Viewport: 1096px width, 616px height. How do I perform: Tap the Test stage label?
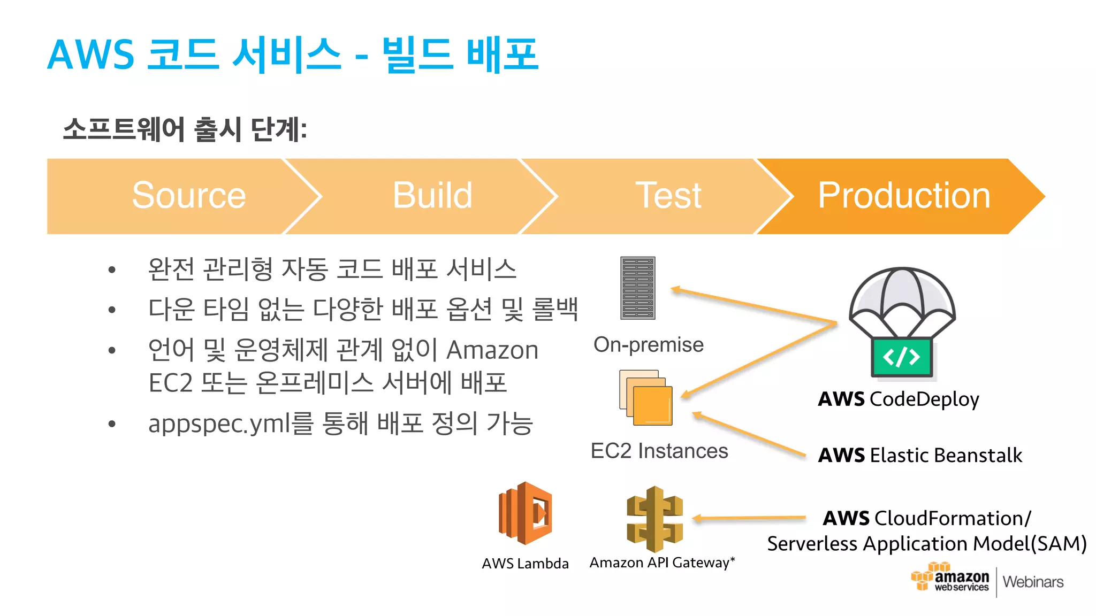668,196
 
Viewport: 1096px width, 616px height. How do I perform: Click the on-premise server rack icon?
637,288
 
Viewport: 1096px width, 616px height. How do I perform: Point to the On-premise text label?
648,345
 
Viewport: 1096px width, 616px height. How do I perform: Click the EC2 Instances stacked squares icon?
646,398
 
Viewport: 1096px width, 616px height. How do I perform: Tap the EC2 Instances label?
659,451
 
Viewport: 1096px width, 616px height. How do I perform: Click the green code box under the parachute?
902,357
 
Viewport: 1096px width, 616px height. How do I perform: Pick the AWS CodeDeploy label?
899,399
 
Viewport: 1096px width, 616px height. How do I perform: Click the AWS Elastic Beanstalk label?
920,456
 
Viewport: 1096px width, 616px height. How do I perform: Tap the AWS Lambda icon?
525,513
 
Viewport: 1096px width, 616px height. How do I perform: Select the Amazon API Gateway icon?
654,519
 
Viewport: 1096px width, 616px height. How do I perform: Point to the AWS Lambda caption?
525,564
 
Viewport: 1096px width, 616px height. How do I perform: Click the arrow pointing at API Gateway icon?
749,518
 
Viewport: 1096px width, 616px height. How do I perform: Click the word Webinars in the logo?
1033,582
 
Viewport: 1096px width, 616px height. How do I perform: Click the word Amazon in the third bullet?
492,351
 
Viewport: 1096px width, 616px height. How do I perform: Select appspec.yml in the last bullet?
220,424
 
